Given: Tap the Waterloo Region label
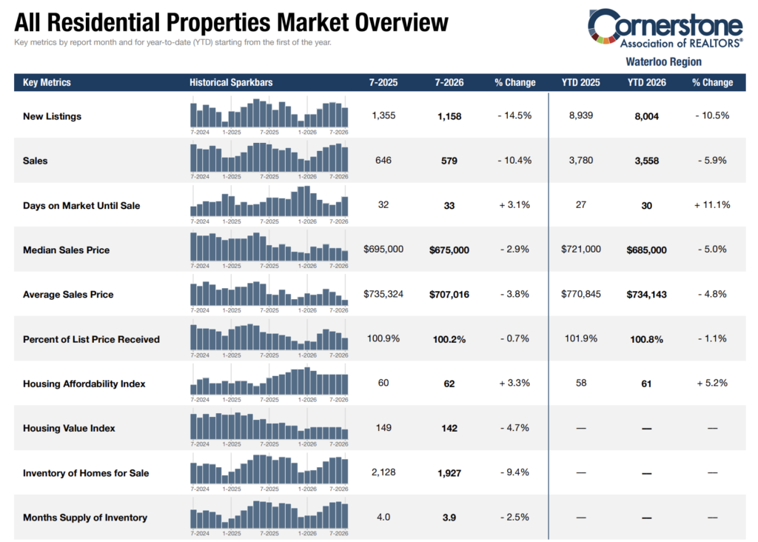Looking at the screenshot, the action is coord(663,62).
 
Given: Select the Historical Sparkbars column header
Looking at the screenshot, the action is coord(231,82).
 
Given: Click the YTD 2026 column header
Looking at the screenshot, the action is coord(646,82).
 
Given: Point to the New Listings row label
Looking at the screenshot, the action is coord(53,116).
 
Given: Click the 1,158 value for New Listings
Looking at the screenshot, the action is coord(449,116).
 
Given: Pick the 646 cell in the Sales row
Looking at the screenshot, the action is coord(383,160).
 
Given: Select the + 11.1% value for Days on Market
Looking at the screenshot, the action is coord(712,205).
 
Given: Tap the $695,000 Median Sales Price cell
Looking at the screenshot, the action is coord(383,249).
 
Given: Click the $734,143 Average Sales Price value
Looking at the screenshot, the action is coord(646,295).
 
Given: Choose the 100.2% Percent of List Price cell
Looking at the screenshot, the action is coord(449,339).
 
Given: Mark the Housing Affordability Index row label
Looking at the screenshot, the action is coord(84,384).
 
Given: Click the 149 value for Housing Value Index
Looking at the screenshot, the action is coord(383,427).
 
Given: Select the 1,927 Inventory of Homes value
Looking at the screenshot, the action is coord(449,473).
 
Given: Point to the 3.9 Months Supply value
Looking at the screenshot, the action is coord(449,518).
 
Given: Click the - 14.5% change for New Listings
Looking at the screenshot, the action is coord(514,116).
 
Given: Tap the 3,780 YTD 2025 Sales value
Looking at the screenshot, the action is coord(580,160).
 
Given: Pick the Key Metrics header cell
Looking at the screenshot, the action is coord(47,82).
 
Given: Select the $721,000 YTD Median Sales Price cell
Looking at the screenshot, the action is coord(580,249).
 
